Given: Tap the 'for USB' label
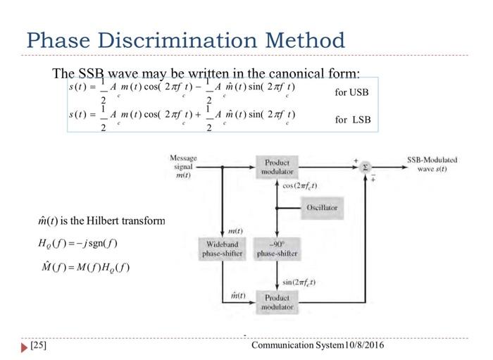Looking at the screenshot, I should click(x=351, y=92).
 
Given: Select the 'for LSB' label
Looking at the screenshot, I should click(x=352, y=119).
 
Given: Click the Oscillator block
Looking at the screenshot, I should click(x=322, y=208).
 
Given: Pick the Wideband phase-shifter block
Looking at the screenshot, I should click(x=223, y=249).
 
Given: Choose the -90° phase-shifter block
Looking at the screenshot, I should click(x=277, y=249).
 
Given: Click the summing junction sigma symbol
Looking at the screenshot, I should click(x=365, y=168).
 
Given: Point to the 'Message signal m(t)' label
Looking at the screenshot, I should click(x=183, y=166).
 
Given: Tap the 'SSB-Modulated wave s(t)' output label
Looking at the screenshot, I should click(x=432, y=164).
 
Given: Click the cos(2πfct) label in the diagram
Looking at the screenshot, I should click(x=299, y=186).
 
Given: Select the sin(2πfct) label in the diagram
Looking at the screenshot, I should click(x=299, y=283).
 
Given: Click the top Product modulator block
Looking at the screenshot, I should click(x=277, y=167).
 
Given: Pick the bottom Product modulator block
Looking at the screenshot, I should click(x=277, y=302).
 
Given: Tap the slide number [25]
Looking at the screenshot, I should click(x=38, y=346).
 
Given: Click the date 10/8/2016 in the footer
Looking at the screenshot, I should click(x=365, y=346).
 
